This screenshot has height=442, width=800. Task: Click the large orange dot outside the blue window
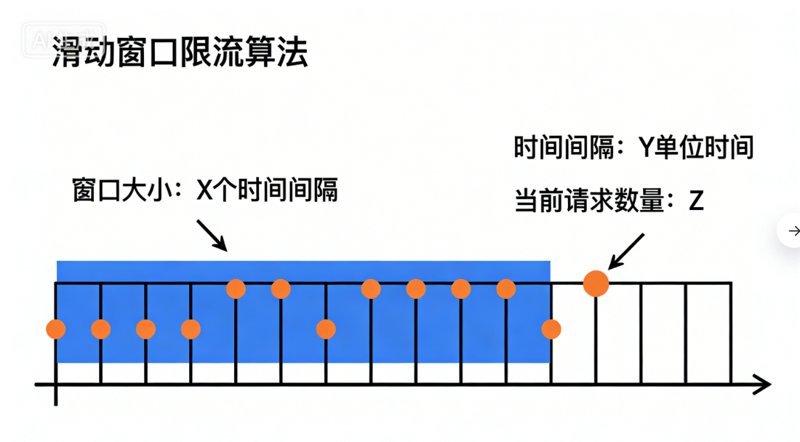tap(596, 283)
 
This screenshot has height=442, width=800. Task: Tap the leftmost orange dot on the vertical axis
tap(55, 329)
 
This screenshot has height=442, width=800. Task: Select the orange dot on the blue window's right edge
tap(551, 329)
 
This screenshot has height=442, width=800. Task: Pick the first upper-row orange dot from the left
tap(236, 289)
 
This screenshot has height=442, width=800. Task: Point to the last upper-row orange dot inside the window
tap(506, 289)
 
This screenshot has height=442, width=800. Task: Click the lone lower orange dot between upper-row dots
tap(326, 329)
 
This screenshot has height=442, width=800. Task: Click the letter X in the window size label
tap(204, 191)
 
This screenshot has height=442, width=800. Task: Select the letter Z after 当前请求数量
tap(696, 201)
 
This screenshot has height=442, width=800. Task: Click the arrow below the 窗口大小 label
tap(213, 235)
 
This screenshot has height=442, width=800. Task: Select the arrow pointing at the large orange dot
tap(627, 250)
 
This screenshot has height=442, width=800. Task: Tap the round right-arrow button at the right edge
tap(791, 231)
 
